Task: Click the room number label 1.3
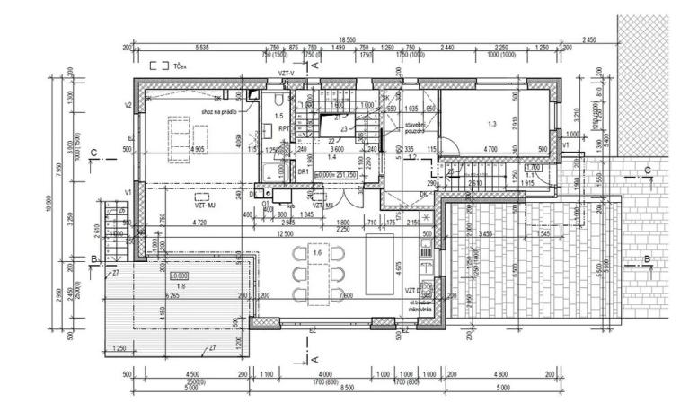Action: tap(490, 124)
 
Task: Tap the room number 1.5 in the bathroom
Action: tap(278, 117)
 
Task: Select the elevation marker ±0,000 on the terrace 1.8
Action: tap(180, 275)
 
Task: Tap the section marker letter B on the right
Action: tap(646, 258)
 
